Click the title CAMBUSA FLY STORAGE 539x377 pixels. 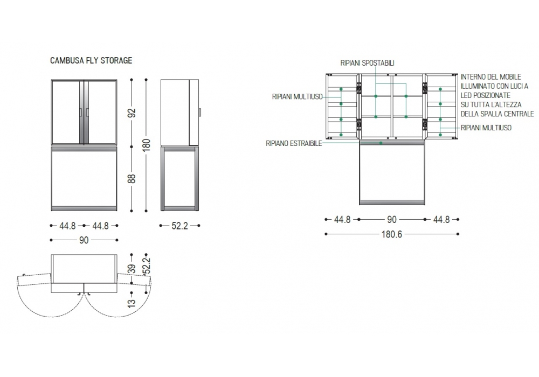click(91, 60)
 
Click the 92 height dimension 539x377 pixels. click(132, 113)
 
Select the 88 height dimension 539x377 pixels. click(132, 179)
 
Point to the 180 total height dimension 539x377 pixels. click(147, 145)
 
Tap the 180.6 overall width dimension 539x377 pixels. click(391, 234)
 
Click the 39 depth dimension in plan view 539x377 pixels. click(132, 269)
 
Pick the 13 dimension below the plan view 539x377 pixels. click(132, 303)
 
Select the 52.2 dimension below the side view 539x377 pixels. click(180, 226)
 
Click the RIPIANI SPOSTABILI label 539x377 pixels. click(367, 63)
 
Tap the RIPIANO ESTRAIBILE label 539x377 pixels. click(294, 143)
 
